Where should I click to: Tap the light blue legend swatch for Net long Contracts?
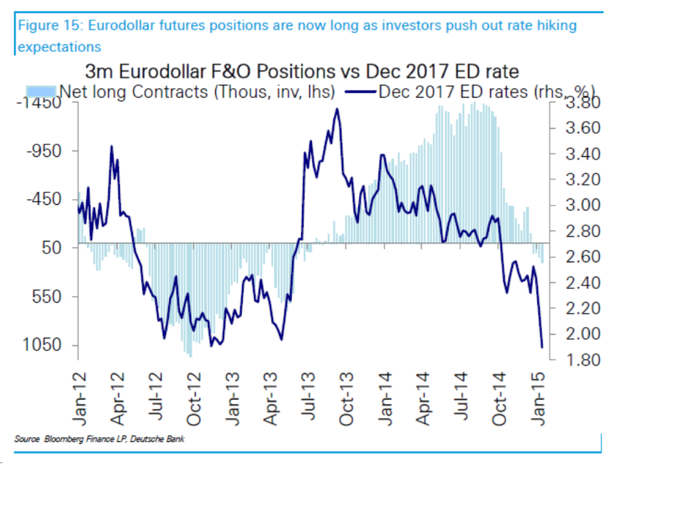click(41, 91)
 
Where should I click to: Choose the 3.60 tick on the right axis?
click(583, 128)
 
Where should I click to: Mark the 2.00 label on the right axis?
click(583, 334)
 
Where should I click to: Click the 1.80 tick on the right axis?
click(583, 360)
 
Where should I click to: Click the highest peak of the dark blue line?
click(337, 109)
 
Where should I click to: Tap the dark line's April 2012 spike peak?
click(111, 146)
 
